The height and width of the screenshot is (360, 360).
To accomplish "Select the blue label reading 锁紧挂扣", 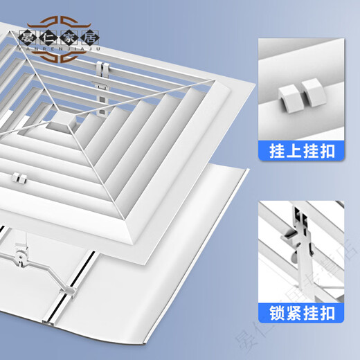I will pyautogui.click(x=301, y=314).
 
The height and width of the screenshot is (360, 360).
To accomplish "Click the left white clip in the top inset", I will pyautogui.click(x=287, y=94).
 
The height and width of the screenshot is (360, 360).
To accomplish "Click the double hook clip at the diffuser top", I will pyautogui.click(x=106, y=68).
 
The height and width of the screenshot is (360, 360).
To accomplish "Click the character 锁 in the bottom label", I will pyautogui.click(x=273, y=314).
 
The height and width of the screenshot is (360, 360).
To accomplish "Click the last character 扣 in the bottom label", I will pyautogui.click(x=330, y=314).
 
